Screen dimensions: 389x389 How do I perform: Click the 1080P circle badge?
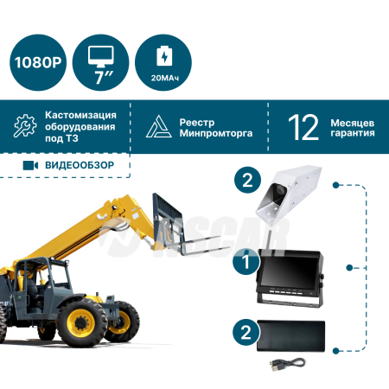[38, 62]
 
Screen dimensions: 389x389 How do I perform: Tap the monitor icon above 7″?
[100, 56]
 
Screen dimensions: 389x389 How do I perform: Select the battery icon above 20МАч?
[164, 55]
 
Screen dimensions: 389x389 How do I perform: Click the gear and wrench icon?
[25, 125]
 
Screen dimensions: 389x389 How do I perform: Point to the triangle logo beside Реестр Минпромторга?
[158, 126]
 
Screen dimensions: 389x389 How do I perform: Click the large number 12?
[303, 127]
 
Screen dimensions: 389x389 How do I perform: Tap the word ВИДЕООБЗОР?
[80, 165]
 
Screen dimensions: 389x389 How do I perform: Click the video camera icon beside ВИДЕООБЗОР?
[30, 165]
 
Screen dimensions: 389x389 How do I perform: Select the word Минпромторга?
[216, 133]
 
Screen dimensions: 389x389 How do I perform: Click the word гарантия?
[353, 133]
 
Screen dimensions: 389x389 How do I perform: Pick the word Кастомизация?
[80, 115]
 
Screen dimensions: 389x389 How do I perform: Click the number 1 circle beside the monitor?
[246, 262]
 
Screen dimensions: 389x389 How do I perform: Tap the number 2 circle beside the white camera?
[247, 180]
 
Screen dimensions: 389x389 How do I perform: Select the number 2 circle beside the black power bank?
[246, 332]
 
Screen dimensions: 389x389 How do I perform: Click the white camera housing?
[289, 194]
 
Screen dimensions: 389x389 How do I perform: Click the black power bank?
[291, 335]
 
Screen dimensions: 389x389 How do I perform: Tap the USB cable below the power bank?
[288, 364]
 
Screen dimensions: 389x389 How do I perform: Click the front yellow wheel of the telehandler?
[81, 322]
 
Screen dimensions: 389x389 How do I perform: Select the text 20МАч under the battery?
[165, 78]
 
